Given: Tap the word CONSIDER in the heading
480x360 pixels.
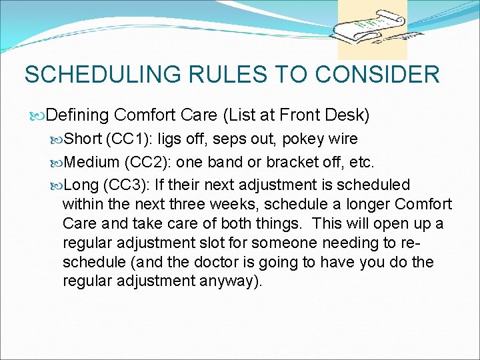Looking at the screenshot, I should click(377, 74).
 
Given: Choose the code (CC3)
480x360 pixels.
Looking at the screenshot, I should click(128, 185).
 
